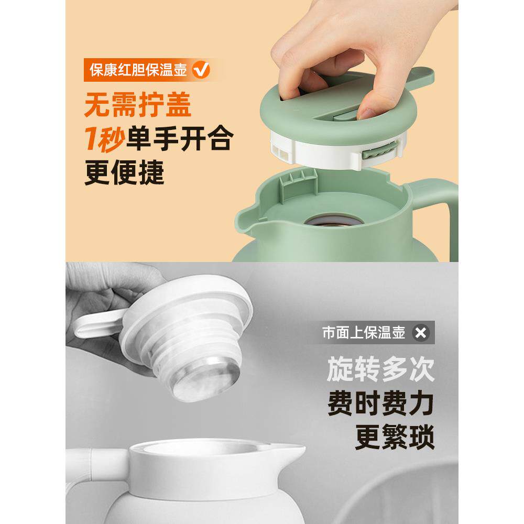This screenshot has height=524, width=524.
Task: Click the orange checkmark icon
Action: (x=201, y=70)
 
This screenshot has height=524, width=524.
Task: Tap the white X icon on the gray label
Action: (x=421, y=332)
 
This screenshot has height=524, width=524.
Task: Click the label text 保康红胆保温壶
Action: (x=138, y=70)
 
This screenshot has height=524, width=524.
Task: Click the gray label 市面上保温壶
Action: (x=364, y=332)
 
